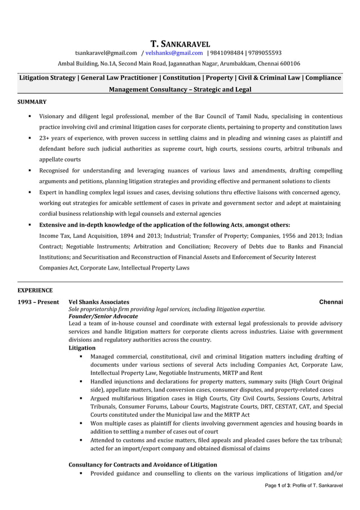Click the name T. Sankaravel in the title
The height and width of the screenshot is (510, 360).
pos(180,43)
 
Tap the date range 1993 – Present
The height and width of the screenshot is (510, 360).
pos(38,302)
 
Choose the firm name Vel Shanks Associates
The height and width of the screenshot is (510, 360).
pos(98,302)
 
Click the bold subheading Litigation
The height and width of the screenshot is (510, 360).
pos(82,348)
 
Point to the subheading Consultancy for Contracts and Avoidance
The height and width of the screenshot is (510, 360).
pos(142,464)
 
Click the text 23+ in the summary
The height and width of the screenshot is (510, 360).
pos(45,138)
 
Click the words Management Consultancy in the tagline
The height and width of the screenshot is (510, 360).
pos(141,89)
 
